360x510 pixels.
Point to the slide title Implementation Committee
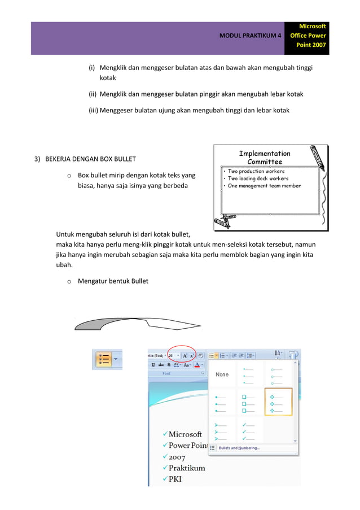[265, 157]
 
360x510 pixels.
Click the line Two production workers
[256, 171]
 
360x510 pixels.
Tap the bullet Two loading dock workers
[258, 178]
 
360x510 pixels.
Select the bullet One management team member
[264, 186]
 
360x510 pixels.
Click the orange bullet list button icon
[104, 359]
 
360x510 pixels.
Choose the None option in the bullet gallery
[222, 374]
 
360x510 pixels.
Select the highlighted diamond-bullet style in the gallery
[278, 402]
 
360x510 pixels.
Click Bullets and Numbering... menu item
[239, 448]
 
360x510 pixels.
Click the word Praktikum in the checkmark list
[187, 468]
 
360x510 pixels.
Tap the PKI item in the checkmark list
[175, 480]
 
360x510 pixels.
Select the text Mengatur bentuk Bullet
[113, 281]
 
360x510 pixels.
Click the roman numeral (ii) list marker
[93, 94]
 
